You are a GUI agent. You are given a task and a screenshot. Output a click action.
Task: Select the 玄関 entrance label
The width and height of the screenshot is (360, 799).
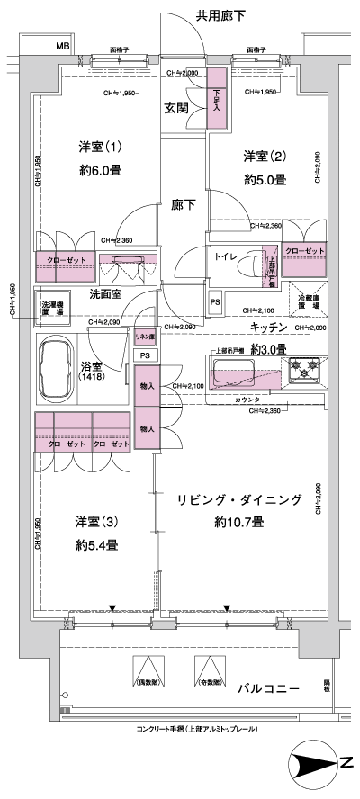point(176,109)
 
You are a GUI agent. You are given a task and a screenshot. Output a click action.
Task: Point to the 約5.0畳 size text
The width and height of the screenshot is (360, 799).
point(265,179)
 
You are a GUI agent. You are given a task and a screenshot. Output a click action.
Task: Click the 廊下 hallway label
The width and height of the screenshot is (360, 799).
point(184,204)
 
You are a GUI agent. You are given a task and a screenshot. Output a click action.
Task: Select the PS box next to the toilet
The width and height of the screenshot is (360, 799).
point(214,302)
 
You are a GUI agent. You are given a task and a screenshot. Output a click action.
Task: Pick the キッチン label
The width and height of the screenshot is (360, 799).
point(269,328)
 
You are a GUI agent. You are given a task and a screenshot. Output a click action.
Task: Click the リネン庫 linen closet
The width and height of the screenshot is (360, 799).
point(145,337)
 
